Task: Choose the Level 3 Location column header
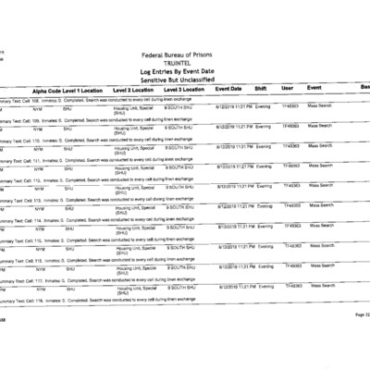coord(188,89)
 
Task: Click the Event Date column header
coord(233,88)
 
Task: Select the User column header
coord(288,88)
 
